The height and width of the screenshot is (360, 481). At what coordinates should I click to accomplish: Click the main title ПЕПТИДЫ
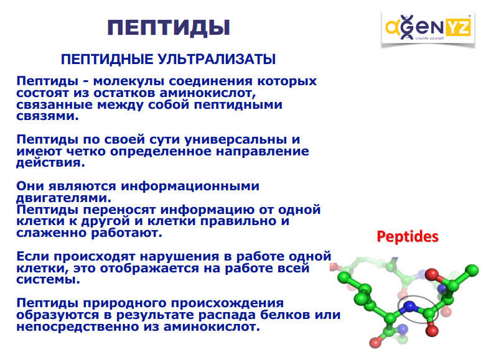[169, 28]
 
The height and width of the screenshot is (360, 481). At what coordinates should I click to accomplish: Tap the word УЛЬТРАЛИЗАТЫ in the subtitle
[217, 59]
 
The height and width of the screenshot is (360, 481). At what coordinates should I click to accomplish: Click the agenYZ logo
[427, 29]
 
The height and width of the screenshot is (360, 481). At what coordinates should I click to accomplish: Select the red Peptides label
[408, 237]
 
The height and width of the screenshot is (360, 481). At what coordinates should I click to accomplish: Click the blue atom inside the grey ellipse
[409, 306]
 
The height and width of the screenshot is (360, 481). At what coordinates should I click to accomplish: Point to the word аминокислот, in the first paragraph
[208, 93]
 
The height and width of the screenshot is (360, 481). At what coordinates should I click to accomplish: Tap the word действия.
[50, 163]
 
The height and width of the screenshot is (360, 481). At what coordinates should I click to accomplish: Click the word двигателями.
[64, 198]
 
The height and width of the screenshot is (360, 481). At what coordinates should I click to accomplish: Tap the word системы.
[48, 280]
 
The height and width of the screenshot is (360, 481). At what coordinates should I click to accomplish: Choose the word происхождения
[227, 303]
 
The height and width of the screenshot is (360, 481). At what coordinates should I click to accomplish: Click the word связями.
[47, 116]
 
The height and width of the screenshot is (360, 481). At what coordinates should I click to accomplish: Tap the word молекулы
[129, 81]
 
